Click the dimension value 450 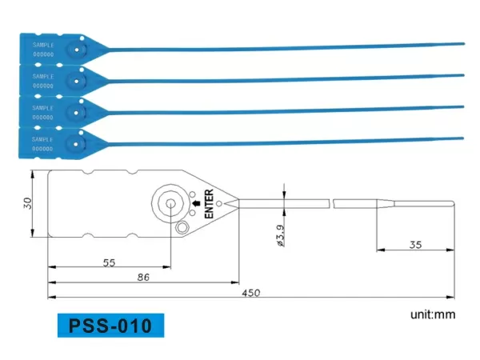(x=250, y=293)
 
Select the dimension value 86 (x=142, y=277)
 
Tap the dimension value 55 (x=110, y=262)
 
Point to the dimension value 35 (x=415, y=245)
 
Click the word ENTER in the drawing (x=209, y=204)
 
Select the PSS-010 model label (x=111, y=326)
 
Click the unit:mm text (x=432, y=314)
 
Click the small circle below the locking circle (x=182, y=230)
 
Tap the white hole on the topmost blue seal (x=77, y=48)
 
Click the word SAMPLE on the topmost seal (x=42, y=45)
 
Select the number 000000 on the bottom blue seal (x=42, y=148)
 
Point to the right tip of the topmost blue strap (x=463, y=44)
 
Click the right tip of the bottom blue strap (x=463, y=137)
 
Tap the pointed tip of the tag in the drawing (x=237, y=204)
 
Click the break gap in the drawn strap (x=332, y=203)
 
